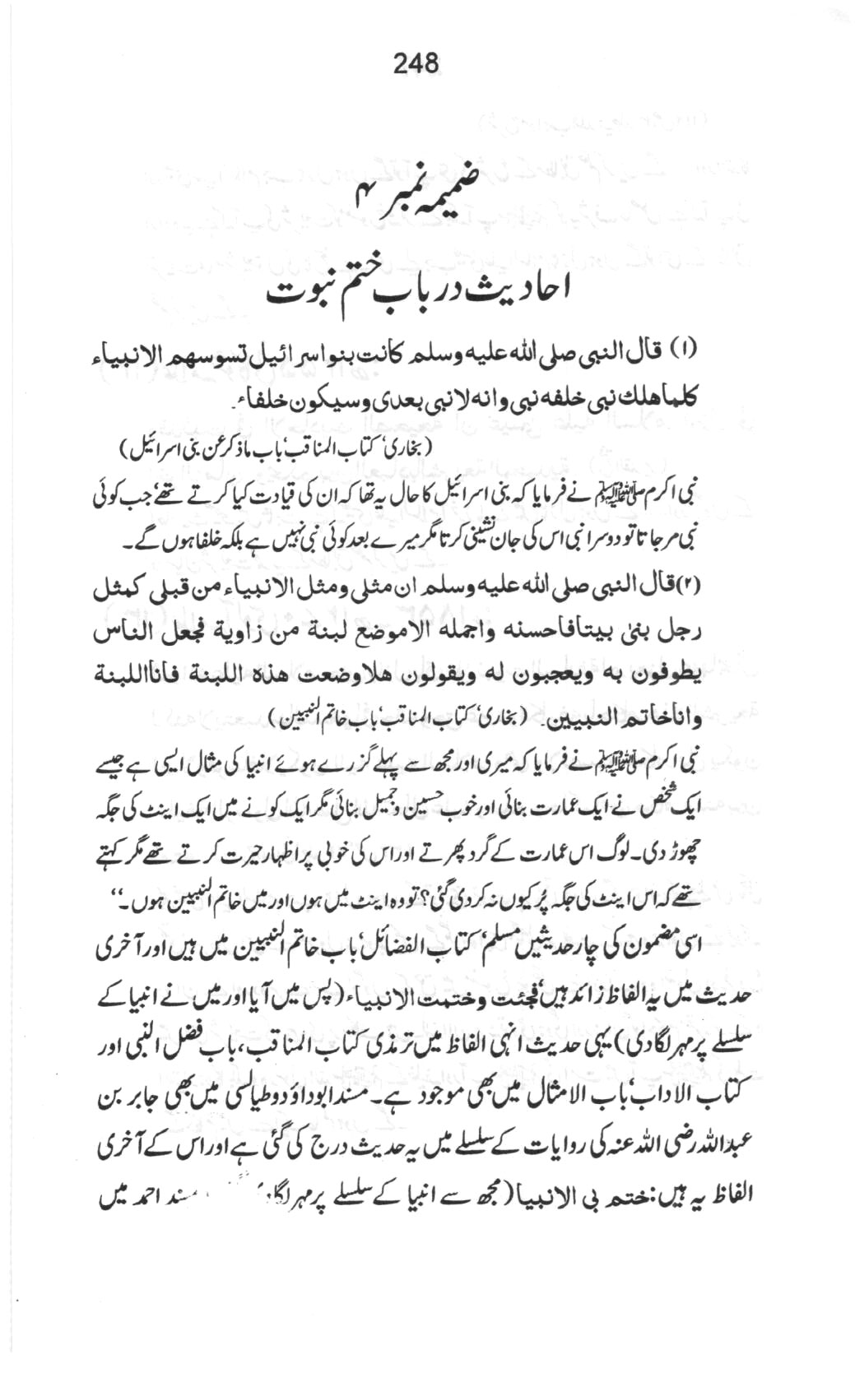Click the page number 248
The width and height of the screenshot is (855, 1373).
416,63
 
